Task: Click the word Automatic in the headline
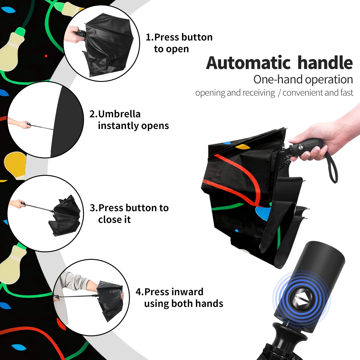(248, 63)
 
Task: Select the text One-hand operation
(303, 80)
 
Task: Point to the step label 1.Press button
(179, 37)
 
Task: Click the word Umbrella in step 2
(119, 114)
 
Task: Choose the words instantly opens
(133, 126)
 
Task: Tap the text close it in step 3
(114, 220)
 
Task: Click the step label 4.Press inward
(169, 292)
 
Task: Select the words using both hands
(184, 304)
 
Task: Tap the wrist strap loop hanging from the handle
(332, 167)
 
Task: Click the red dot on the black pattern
(46, 56)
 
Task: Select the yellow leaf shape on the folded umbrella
(243, 147)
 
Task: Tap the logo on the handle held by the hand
(301, 148)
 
